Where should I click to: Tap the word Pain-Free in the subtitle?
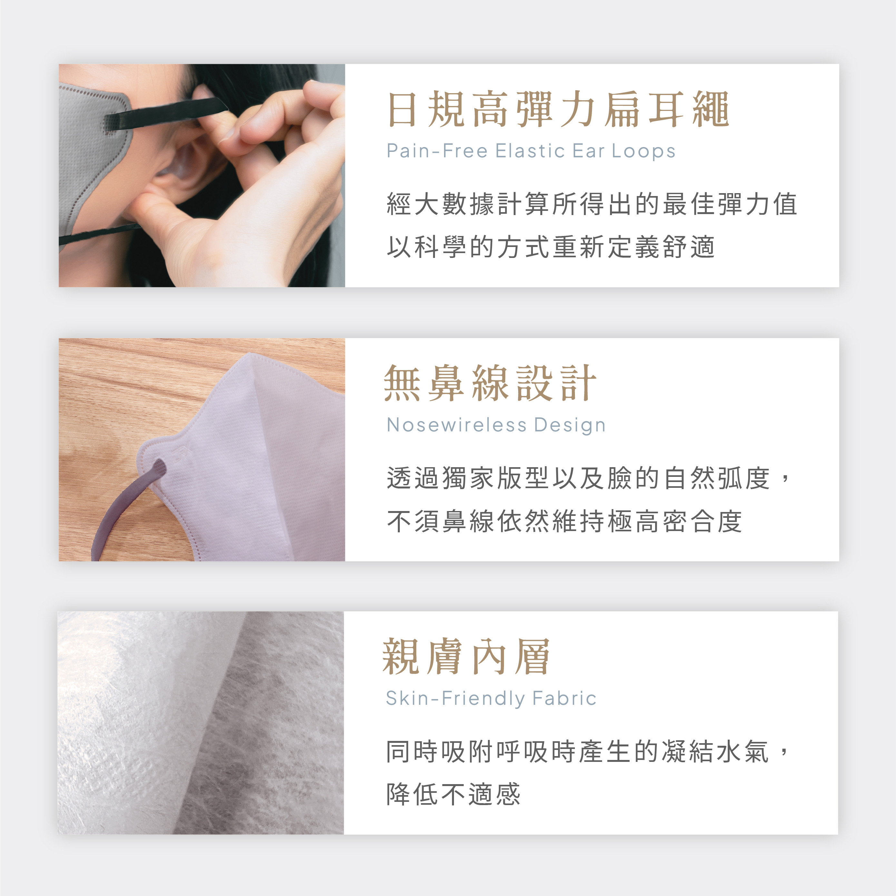437,151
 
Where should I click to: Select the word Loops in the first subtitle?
643,151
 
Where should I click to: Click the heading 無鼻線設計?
490,383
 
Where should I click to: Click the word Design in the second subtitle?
570,425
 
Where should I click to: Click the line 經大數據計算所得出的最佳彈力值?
592,204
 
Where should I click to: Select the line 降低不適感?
453,794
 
